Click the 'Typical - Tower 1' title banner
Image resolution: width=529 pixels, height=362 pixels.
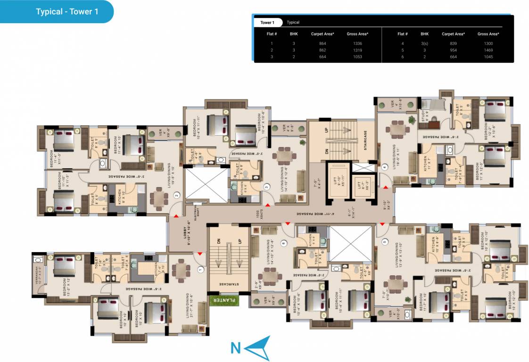click(x=67, y=12)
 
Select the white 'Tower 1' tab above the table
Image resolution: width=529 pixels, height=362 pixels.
click(x=267, y=23)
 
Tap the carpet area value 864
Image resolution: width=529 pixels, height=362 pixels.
click(x=322, y=43)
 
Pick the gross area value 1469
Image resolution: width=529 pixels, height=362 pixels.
click(x=488, y=50)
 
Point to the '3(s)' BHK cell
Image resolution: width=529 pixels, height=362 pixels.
click(x=424, y=43)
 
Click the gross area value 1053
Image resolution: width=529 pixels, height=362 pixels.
click(x=357, y=57)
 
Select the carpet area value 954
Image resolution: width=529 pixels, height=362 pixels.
click(x=454, y=50)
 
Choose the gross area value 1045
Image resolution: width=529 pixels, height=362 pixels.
click(x=488, y=57)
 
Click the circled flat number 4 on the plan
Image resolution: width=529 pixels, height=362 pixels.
click(x=384, y=167)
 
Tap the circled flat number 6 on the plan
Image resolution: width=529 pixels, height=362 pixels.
click(x=283, y=243)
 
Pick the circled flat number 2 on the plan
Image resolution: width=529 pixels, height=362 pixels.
click(x=177, y=195)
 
